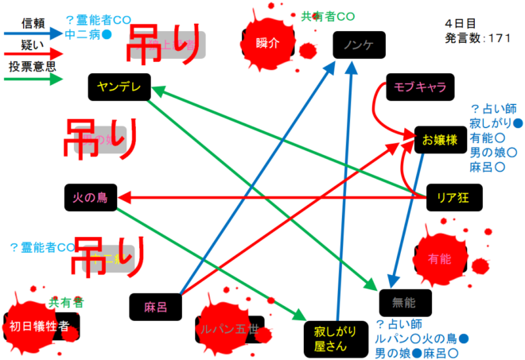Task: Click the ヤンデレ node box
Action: coord(119,87)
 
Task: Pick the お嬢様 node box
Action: coord(439,140)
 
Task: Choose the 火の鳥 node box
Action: coord(90,196)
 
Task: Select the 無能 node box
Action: coord(406,301)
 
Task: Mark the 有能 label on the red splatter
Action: coord(439,258)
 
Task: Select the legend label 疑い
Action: coord(31,45)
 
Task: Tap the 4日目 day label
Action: coord(461,24)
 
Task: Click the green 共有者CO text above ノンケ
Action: coord(327,15)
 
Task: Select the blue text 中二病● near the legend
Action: coord(88,35)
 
